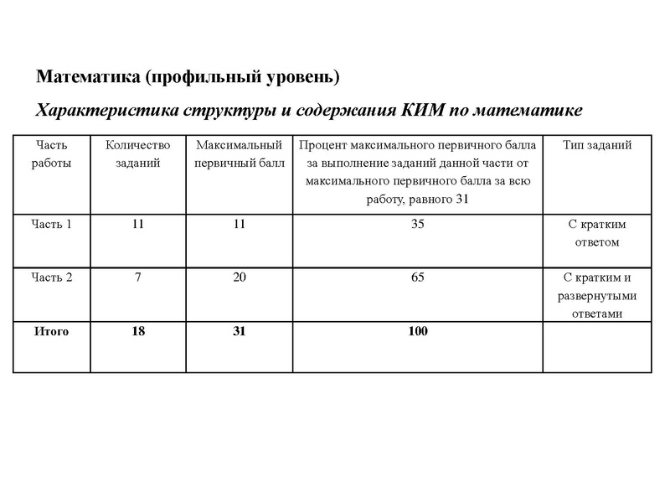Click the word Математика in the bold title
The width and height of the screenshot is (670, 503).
pyautogui.click(x=87, y=78)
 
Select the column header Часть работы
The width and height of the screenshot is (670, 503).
pyautogui.click(x=52, y=154)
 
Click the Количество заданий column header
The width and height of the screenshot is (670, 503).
pyautogui.click(x=137, y=154)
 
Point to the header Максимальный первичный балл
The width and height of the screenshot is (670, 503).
pyautogui.click(x=240, y=154)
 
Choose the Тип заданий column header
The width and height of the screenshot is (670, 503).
pyautogui.click(x=597, y=145)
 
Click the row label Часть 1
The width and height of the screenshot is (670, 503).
pyautogui.click(x=52, y=225)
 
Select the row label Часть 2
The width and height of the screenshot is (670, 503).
pyautogui.click(x=52, y=278)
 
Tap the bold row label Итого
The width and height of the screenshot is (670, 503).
pyautogui.click(x=52, y=332)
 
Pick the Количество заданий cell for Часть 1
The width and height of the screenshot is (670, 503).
pyautogui.click(x=137, y=225)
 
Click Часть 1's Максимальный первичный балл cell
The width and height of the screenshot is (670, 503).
pyautogui.click(x=240, y=225)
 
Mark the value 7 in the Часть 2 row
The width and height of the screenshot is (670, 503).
pyautogui.click(x=137, y=278)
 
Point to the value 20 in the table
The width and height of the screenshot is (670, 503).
pyautogui.click(x=240, y=278)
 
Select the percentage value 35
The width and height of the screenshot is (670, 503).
pyautogui.click(x=418, y=225)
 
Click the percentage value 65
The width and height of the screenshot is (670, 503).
pyautogui.click(x=418, y=278)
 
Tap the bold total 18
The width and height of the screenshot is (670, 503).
pyautogui.click(x=137, y=332)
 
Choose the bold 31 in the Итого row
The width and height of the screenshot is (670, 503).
pyautogui.click(x=240, y=332)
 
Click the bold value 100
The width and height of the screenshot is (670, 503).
pyautogui.click(x=418, y=332)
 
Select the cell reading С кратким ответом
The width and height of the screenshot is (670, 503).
pyautogui.click(x=597, y=234)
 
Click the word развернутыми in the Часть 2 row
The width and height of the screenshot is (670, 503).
pyautogui.click(x=597, y=296)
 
